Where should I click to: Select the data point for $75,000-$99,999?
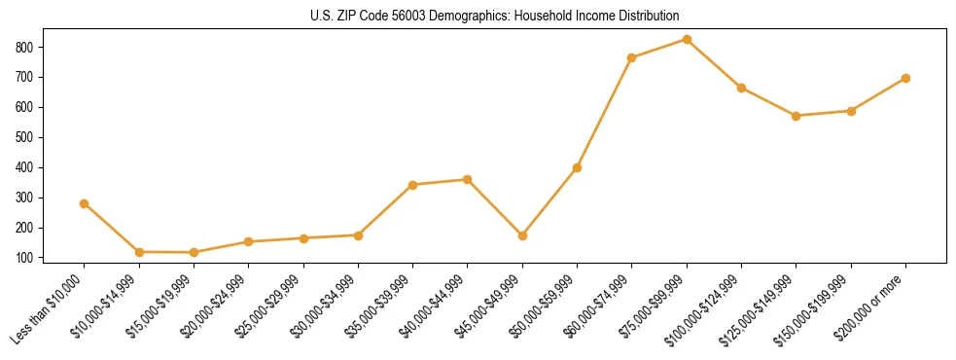[687, 40]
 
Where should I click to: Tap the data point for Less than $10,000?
[85, 203]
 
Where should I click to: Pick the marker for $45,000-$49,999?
[522, 235]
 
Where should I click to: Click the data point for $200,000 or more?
[905, 78]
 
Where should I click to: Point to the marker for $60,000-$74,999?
[632, 57]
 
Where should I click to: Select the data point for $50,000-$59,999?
[577, 167]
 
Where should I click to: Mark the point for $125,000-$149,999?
[797, 116]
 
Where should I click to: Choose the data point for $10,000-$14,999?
[139, 252]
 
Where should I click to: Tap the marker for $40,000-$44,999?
[468, 179]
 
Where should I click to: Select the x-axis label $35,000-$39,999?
[379, 305]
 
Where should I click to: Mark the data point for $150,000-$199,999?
[851, 111]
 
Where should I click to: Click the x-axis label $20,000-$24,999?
[215, 305]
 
